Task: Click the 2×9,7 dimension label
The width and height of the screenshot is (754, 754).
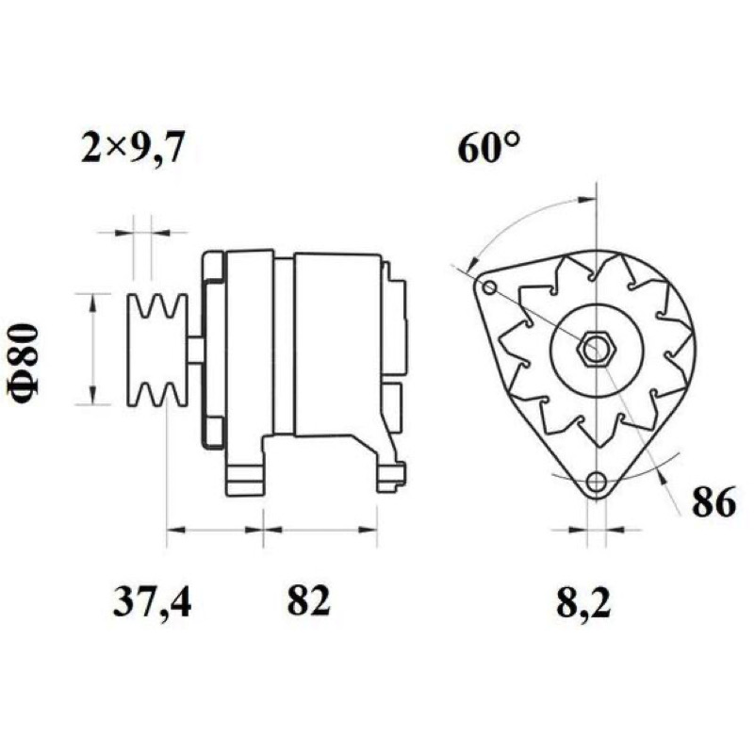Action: [x=132, y=148]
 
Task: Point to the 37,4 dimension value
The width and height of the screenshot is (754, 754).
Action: [x=152, y=602]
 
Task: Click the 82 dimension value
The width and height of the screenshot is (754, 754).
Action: [x=309, y=601]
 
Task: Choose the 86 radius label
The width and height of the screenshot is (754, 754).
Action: [x=714, y=501]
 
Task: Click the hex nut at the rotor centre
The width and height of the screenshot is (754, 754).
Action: [x=597, y=348]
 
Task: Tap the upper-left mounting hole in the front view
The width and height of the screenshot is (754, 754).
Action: [x=489, y=288]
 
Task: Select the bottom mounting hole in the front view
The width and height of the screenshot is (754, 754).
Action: [x=597, y=480]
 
